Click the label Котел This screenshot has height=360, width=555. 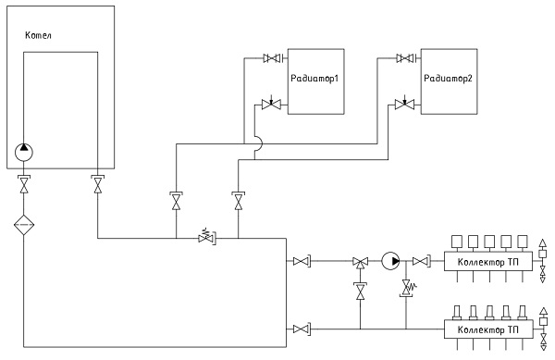pyautogui.click(x=38, y=35)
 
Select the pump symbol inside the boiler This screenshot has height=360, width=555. pyautogui.click(x=24, y=152)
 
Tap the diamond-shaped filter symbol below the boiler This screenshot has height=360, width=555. pyautogui.click(x=24, y=225)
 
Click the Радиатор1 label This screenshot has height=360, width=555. pyautogui.click(x=314, y=79)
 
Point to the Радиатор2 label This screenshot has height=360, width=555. pyautogui.click(x=448, y=79)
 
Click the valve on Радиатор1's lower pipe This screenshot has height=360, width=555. pyautogui.click(x=271, y=104)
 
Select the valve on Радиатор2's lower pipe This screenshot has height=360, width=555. pyautogui.click(x=404, y=104)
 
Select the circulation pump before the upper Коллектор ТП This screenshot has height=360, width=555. pyautogui.click(x=390, y=261)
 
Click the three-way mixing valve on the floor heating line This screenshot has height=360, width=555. pyautogui.click(x=361, y=262)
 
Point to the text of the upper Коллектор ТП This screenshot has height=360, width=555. pyautogui.click(x=488, y=262)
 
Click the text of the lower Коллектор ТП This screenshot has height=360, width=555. pyautogui.click(x=488, y=329)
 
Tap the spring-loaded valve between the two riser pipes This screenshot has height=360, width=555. pyautogui.click(x=206, y=237)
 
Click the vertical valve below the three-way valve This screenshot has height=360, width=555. pyautogui.click(x=361, y=291)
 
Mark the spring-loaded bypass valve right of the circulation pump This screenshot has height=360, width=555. pyautogui.click(x=407, y=288)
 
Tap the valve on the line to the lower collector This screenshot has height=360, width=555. pyautogui.click(x=302, y=329)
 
